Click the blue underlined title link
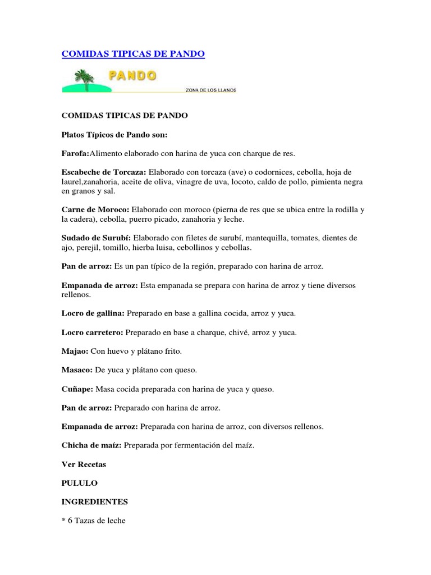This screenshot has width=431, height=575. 132,54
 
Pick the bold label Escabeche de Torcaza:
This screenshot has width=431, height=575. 104,171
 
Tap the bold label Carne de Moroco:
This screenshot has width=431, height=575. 95,209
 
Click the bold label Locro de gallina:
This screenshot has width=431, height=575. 94,313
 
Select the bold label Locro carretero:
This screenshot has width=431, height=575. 92,332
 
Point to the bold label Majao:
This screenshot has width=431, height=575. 75,352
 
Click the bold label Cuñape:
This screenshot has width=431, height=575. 78,389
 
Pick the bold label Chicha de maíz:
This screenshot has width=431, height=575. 91,446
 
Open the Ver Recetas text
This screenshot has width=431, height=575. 84,465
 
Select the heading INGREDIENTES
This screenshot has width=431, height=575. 94,502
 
